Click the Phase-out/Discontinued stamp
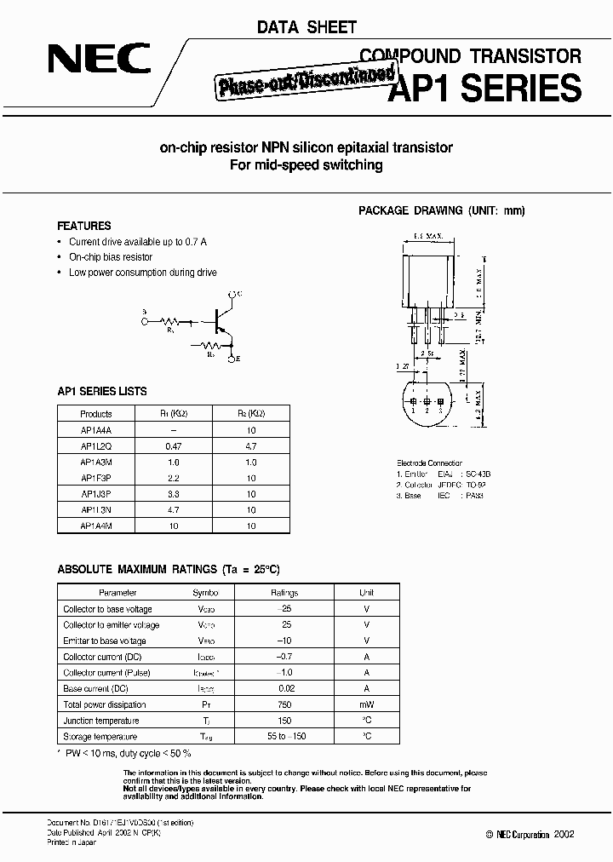(290, 85)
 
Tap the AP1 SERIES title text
(484, 88)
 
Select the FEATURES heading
(83, 227)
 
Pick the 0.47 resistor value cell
(174, 445)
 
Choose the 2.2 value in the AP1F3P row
(174, 478)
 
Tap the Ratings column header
(285, 592)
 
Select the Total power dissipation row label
(104, 704)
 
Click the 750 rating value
(285, 704)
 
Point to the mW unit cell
(366, 704)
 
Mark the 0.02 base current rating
(285, 688)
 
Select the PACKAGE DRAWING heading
(442, 210)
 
